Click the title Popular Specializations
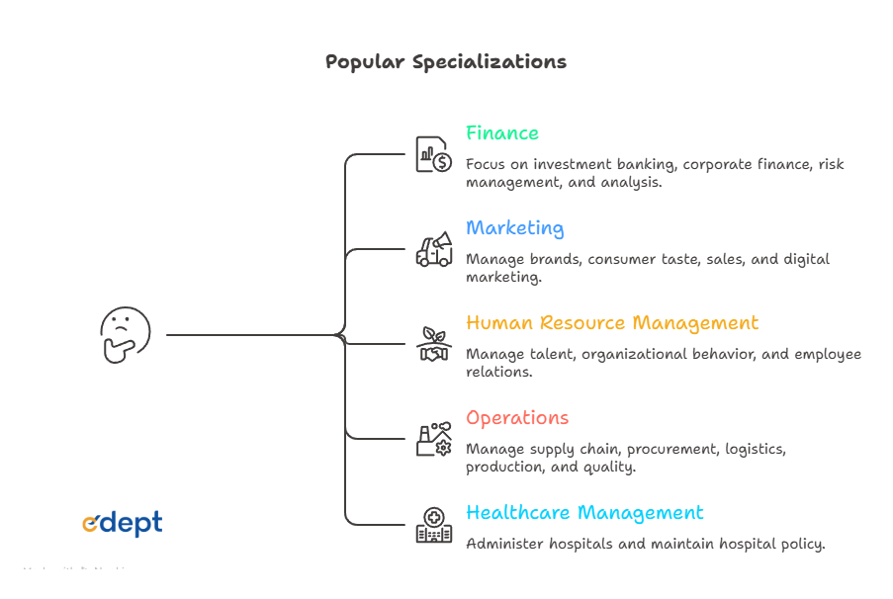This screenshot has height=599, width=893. coord(446,61)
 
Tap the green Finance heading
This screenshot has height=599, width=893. coord(502,133)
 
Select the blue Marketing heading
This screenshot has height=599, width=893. coord(514,228)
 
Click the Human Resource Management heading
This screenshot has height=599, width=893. coord(612,323)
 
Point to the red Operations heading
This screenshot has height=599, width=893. coord(517,418)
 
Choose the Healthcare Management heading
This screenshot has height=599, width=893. coord(584,513)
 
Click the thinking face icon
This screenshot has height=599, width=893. coord(126,334)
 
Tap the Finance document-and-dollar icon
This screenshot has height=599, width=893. coord(433,154)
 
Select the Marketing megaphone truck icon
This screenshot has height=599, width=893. coord(433,249)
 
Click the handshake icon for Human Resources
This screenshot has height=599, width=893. coord(433,344)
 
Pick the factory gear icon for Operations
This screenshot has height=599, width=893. coord(433,439)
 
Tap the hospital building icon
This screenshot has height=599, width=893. coord(433,525)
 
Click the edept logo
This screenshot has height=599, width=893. coord(122,524)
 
